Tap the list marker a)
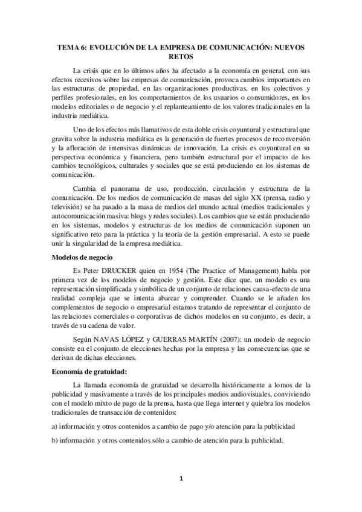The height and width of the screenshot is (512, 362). tap(54, 425)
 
